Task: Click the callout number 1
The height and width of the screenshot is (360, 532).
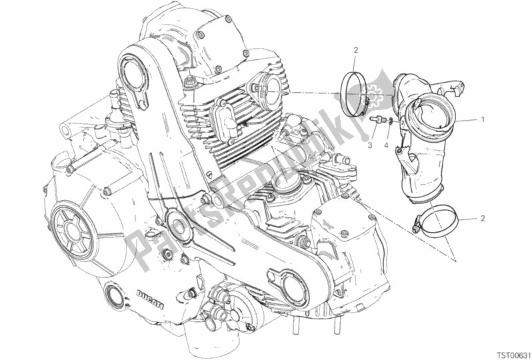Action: click(480, 121)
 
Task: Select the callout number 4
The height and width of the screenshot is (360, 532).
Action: click(389, 143)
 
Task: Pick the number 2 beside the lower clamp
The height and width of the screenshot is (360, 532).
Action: click(481, 219)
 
